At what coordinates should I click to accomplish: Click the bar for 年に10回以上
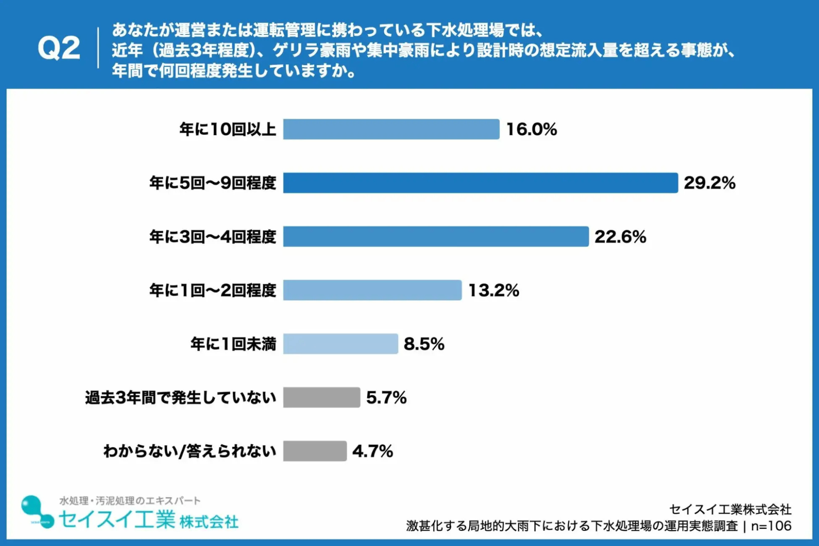(391, 129)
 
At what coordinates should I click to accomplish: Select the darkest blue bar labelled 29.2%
(481, 183)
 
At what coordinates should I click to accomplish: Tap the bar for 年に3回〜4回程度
(436, 236)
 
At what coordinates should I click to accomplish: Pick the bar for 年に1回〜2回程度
(372, 290)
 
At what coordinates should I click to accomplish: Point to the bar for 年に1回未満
(340, 344)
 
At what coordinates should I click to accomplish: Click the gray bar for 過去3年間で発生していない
(322, 397)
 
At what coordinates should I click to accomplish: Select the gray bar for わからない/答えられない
(315, 451)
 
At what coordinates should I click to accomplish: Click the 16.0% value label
(532, 129)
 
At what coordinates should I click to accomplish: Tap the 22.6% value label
(620, 237)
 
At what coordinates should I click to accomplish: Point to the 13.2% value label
(494, 290)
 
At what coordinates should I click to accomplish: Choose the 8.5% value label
(424, 344)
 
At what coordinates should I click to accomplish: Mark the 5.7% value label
(386, 398)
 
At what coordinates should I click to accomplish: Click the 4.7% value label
(373, 451)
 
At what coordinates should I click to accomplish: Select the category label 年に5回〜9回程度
(213, 183)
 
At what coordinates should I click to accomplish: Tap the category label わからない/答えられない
(190, 451)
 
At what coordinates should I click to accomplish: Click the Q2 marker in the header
(59, 48)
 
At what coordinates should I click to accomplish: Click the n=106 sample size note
(771, 526)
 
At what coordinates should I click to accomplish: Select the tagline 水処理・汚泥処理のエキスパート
(130, 501)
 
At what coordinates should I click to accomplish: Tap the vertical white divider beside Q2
(98, 48)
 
